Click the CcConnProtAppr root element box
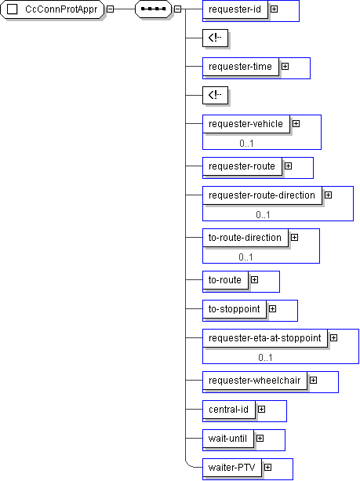click(x=52, y=9)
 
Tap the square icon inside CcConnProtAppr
click(x=12, y=9)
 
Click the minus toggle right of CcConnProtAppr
click(x=110, y=9)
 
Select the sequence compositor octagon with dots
click(x=153, y=9)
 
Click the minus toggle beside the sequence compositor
click(x=177, y=9)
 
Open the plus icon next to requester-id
click(x=275, y=9)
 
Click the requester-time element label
click(x=241, y=67)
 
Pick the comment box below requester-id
click(x=215, y=38)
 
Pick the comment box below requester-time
click(x=215, y=95)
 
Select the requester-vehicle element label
click(x=246, y=124)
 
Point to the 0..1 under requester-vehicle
click(x=246, y=144)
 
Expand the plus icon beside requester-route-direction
click(x=328, y=195)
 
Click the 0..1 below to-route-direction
click(x=246, y=257)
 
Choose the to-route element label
click(x=225, y=280)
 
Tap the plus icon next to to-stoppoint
click(x=272, y=309)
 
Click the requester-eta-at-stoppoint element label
click(x=265, y=338)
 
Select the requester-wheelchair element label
click(x=255, y=381)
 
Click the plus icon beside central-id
click(x=261, y=410)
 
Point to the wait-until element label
click(x=227, y=439)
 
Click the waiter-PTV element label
click(x=232, y=468)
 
